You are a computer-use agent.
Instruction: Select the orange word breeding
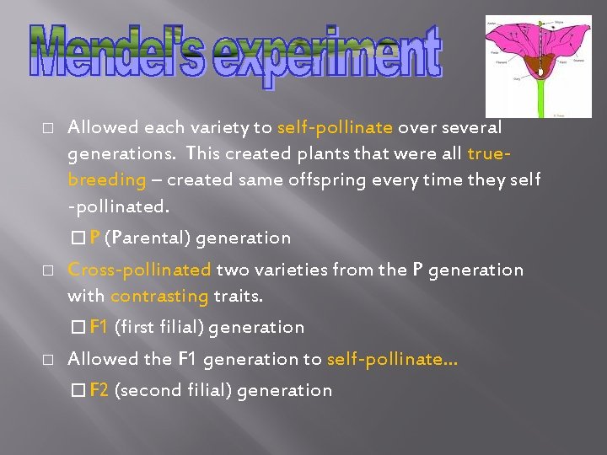click(x=107, y=179)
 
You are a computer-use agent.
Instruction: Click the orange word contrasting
click(x=159, y=296)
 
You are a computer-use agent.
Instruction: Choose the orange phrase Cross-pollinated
click(x=139, y=270)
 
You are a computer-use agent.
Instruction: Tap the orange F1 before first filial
click(x=99, y=327)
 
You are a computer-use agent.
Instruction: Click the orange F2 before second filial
click(x=99, y=390)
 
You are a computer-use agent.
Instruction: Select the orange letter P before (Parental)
click(x=94, y=238)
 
